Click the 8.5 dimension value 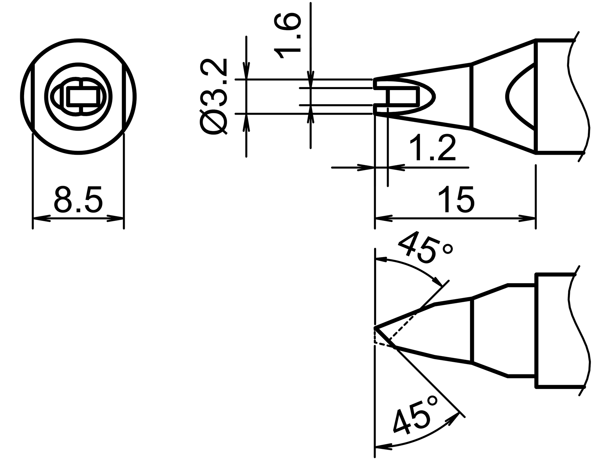78,200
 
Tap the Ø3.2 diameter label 213,97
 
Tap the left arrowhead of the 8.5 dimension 41,219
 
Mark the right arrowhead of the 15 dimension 527,219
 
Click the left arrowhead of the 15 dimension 383,219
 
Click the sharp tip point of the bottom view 375,328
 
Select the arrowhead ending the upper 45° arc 437,281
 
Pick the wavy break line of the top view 579,96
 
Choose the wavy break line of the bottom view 579,330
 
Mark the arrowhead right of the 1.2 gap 396,167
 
